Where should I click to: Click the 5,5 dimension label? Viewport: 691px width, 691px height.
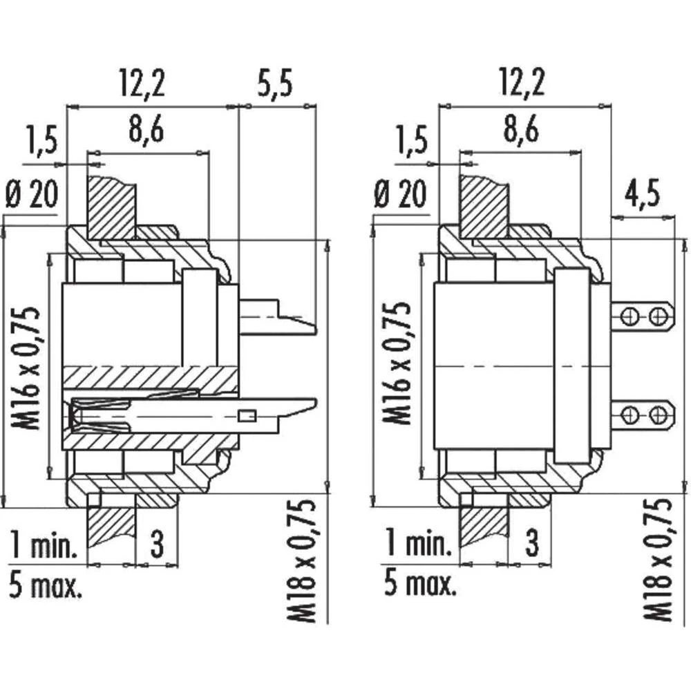275,84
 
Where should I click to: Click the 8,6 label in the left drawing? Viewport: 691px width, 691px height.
146,130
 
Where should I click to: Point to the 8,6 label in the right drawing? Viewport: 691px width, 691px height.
519,130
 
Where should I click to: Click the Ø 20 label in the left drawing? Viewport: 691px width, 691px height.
30,196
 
